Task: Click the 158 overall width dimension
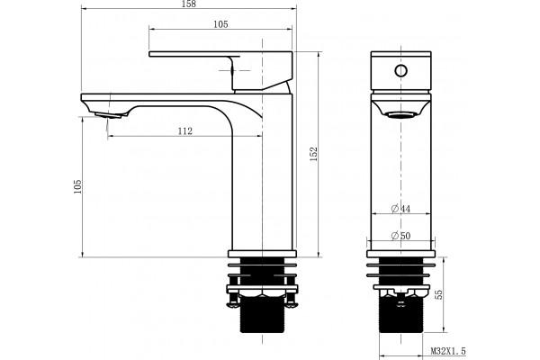tap(189, 4)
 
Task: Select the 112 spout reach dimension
tap(184, 131)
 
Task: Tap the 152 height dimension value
tap(314, 154)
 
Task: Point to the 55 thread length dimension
tap(439, 294)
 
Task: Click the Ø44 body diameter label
tap(400, 209)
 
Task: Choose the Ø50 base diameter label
tap(400, 236)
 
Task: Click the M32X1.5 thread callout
tap(448, 351)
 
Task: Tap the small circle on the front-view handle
tap(400, 71)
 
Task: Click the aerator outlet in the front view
tap(400, 114)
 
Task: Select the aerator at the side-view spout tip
tap(108, 115)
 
